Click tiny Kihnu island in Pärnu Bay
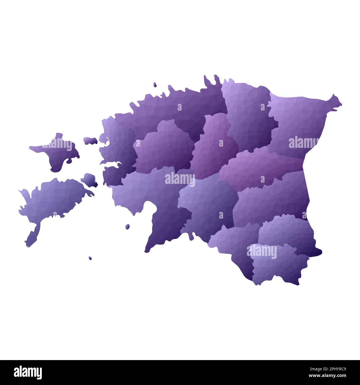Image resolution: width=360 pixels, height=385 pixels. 128,227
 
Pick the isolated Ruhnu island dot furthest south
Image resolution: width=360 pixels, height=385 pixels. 90,258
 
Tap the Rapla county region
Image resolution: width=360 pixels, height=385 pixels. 163,147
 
